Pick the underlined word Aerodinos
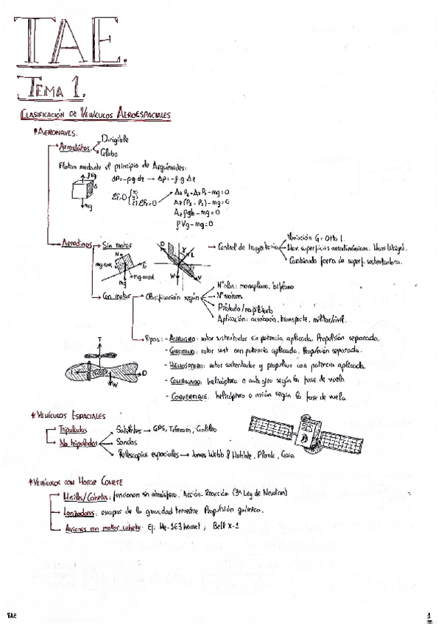coord(77,243)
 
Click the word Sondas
coord(127,442)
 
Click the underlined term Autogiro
coord(182,337)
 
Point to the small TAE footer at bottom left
coord(13,613)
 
